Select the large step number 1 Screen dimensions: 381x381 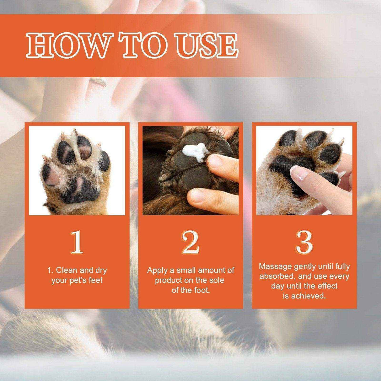click(77, 242)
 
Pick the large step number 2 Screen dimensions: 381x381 click(190, 242)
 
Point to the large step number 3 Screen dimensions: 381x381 click(304, 242)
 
